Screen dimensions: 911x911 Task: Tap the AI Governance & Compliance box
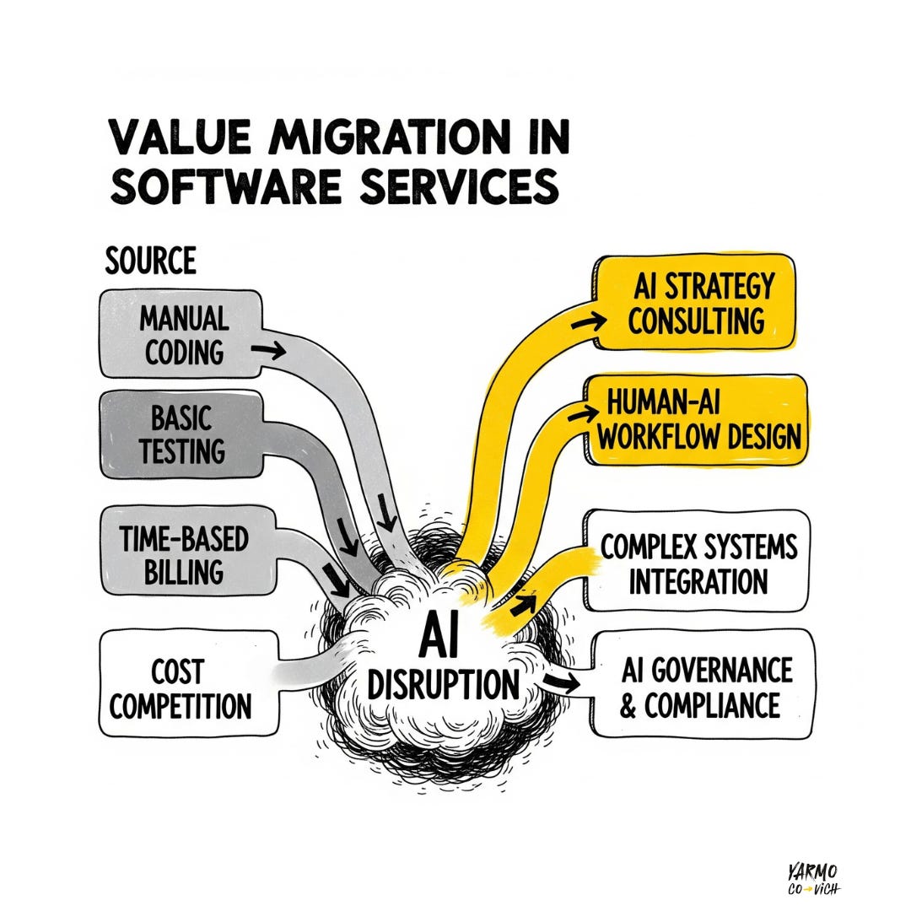click(x=705, y=687)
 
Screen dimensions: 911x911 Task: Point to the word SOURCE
click(x=150, y=261)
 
